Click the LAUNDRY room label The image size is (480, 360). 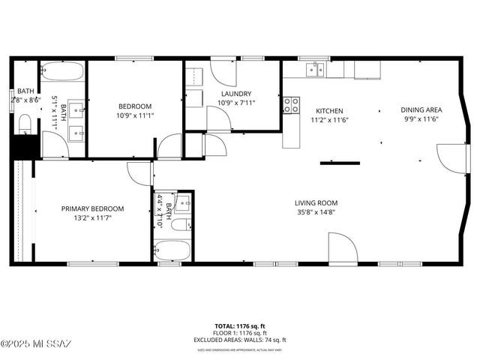(236, 94)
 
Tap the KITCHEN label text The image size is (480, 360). (330, 109)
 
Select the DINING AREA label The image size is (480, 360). (421, 109)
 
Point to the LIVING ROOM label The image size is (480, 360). (316, 202)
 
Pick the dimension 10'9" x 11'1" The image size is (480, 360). (135, 115)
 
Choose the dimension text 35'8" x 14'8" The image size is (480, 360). (316, 212)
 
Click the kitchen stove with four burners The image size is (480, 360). (291, 105)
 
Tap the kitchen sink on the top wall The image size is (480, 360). (314, 70)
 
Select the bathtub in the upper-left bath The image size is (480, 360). (63, 73)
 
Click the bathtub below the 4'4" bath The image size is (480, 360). (172, 249)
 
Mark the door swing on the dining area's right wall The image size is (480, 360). (452, 157)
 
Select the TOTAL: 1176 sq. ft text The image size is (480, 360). (239, 326)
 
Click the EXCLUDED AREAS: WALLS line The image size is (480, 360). (239, 340)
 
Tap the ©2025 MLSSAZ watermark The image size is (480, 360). (36, 344)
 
